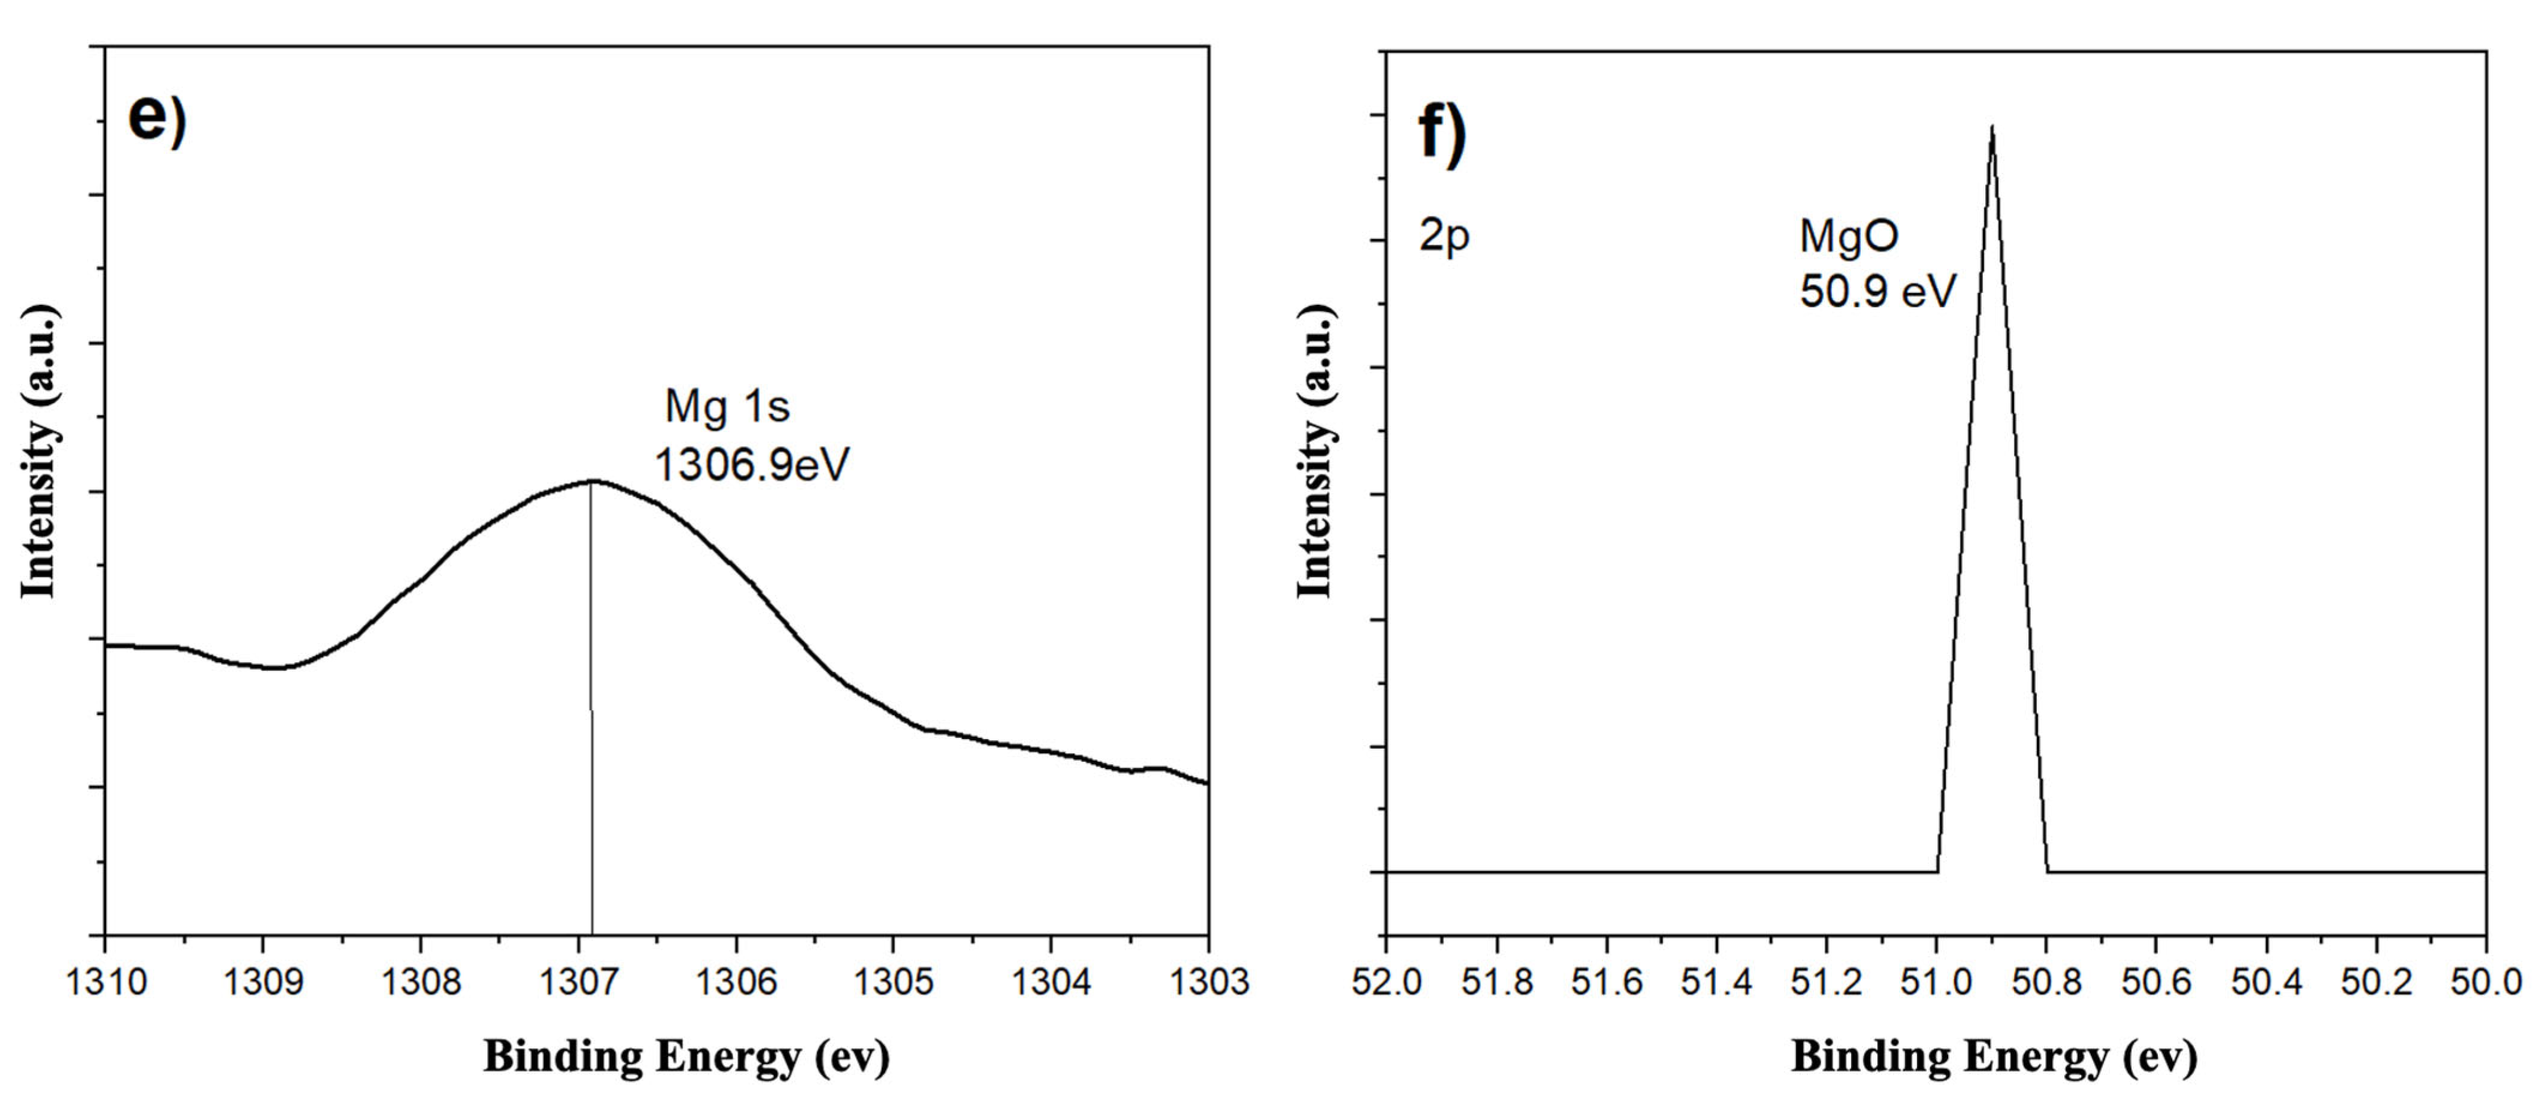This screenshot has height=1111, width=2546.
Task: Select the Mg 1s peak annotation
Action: point(727,406)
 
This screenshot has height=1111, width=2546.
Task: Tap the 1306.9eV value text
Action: point(751,465)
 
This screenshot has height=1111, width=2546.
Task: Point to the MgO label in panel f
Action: point(1848,236)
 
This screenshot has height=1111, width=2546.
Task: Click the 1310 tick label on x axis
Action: point(106,982)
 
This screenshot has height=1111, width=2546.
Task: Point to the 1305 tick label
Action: point(893,982)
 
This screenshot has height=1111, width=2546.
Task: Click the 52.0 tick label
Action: point(1387,982)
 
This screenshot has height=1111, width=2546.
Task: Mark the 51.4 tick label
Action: point(1717,982)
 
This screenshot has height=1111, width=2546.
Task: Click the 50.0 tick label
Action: point(2485,982)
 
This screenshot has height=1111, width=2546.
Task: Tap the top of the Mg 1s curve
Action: point(592,482)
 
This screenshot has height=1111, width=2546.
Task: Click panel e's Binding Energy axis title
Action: point(686,1056)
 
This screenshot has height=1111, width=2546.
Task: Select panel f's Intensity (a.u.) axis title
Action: point(1314,451)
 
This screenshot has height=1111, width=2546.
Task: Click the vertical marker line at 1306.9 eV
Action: point(591,712)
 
